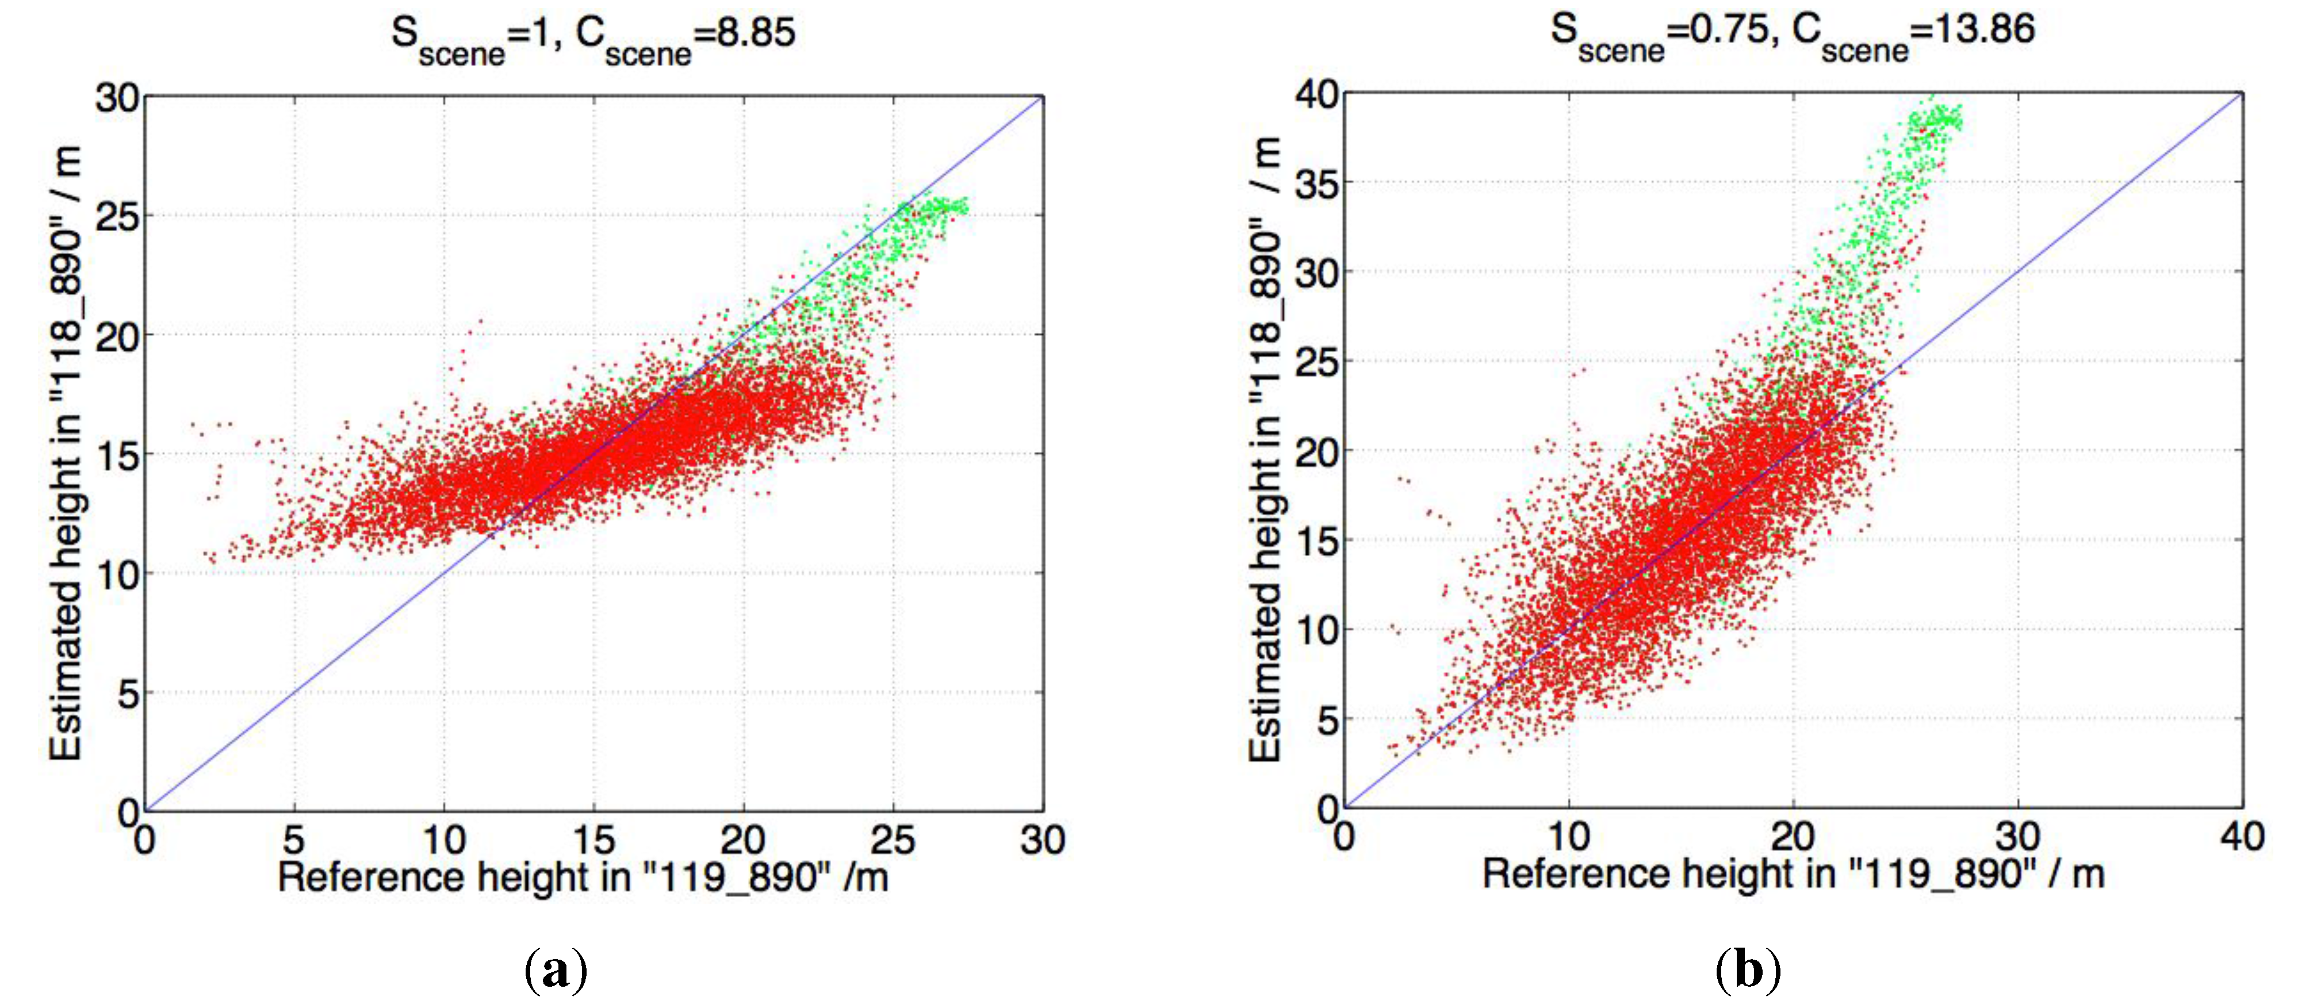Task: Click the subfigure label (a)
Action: pos(556,970)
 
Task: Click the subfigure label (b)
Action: pos(1747,970)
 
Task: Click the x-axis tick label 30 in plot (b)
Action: pos(2017,837)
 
